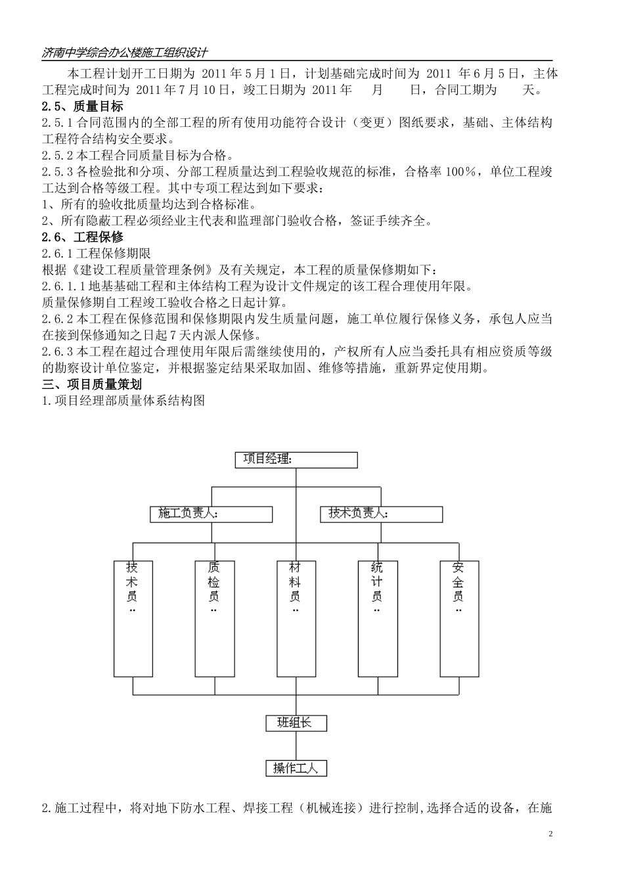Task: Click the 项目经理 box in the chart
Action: (296, 459)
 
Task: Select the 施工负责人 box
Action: (211, 514)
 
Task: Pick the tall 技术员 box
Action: (133, 618)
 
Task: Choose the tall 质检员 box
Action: (214, 618)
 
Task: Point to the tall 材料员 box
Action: (296, 618)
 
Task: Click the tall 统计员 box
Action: (377, 618)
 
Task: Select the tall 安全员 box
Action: (458, 618)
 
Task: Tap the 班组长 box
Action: (296, 723)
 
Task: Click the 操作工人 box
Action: (296, 767)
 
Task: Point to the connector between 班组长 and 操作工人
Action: (296, 746)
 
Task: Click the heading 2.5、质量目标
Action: (82, 106)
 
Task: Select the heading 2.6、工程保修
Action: (82, 237)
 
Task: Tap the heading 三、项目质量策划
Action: (91, 384)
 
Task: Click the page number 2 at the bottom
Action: (550, 834)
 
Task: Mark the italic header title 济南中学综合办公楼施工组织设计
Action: (125, 53)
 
